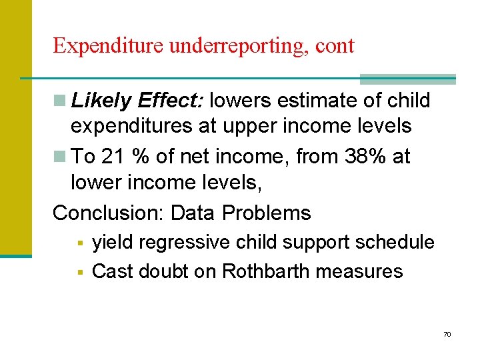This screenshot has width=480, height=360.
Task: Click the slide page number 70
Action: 447,334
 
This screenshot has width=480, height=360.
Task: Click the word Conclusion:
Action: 109,213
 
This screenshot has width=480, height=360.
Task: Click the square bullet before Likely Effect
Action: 61,101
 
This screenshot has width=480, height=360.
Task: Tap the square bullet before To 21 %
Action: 61,157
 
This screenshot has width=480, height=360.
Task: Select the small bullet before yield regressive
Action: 79,243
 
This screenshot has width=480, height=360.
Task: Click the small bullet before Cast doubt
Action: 79,272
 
